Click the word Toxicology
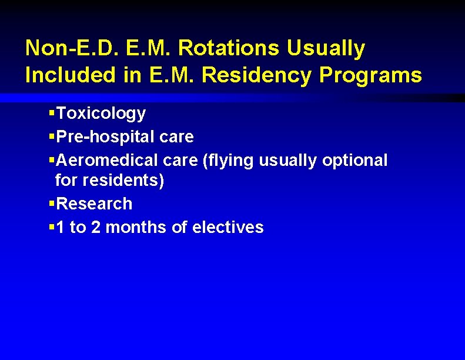pos(101,113)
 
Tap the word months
pos(137,227)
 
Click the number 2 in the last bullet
pos(95,227)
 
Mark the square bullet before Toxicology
pos(52,112)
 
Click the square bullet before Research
pos(52,203)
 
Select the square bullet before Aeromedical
pos(52,159)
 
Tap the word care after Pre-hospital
pos(176,137)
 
